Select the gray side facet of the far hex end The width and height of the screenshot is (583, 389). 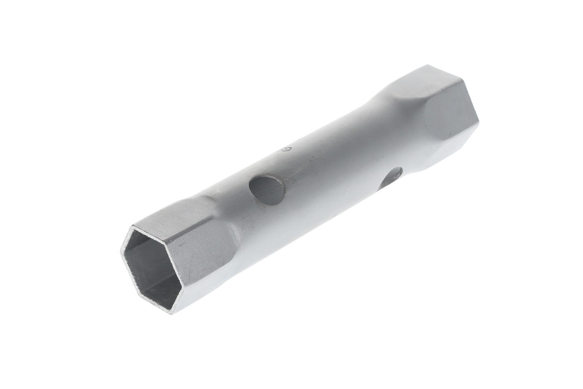tap(451, 112)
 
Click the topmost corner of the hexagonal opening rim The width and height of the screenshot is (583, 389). tap(133, 225)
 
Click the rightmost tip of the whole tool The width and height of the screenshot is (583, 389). tap(478, 122)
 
